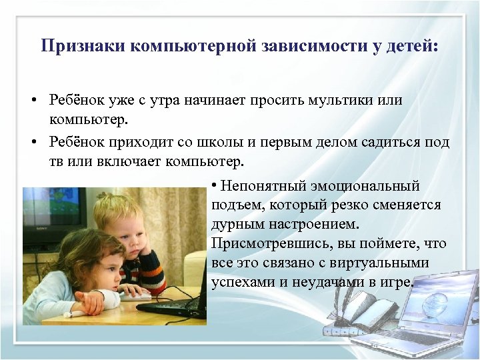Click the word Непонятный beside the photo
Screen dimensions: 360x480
click(x=261, y=185)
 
